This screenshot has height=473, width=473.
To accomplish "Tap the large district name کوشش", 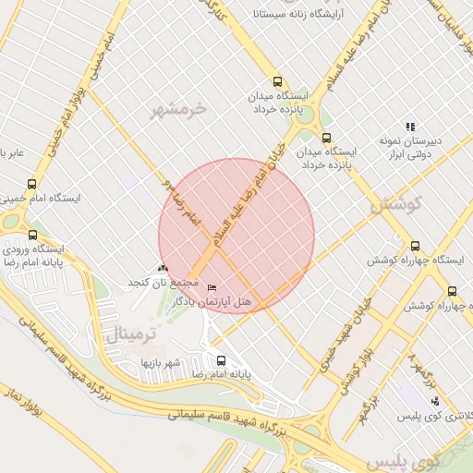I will click(395, 204).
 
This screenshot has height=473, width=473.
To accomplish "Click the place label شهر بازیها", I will click(158, 363).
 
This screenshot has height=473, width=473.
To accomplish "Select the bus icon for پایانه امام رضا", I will click(221, 360).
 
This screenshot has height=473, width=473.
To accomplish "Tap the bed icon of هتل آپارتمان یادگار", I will click(213, 288).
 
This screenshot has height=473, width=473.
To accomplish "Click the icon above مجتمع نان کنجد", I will click(164, 267).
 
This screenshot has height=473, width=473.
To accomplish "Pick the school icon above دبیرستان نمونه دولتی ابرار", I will click(410, 127).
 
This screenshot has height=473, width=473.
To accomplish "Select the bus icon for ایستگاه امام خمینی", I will click(32, 184).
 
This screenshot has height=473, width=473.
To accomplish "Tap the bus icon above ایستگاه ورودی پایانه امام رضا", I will click(33, 235).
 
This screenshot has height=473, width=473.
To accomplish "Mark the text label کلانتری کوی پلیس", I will click(434, 417).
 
